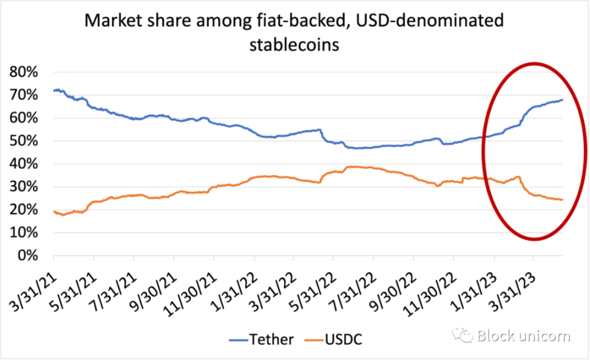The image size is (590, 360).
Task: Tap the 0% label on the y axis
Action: pos(28,256)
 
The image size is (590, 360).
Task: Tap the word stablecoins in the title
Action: pos(294,45)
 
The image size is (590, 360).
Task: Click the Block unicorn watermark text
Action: pos(523,335)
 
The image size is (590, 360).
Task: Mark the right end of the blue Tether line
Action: pos(562,100)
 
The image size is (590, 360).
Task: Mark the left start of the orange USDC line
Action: pos(54,211)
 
